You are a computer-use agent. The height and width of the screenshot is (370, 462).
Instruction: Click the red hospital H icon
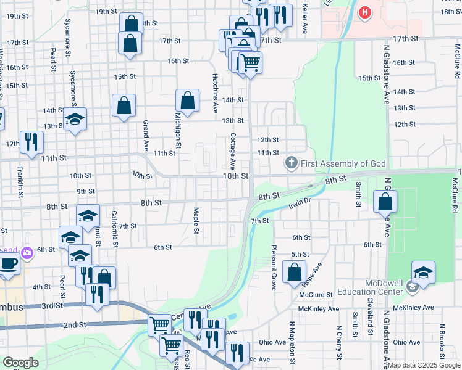[365, 12]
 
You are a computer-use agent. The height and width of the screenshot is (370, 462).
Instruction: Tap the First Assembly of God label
[343, 163]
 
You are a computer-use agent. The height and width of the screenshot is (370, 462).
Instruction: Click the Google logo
[20, 363]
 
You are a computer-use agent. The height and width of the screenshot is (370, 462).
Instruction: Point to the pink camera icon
[26, 252]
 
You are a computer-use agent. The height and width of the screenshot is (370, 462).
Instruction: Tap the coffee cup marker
[8, 263]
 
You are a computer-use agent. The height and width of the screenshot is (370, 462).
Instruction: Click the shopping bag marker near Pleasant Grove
[295, 271]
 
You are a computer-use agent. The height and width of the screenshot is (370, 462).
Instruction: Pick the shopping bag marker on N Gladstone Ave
[385, 201]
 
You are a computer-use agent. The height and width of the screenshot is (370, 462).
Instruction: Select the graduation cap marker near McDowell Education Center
[423, 272]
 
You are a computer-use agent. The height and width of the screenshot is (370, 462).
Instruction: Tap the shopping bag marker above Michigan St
[187, 101]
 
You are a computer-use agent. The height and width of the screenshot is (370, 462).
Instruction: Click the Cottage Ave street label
[233, 151]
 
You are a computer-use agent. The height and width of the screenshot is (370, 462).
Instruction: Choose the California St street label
[115, 229]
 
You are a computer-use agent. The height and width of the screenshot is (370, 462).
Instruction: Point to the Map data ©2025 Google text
[424, 365]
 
